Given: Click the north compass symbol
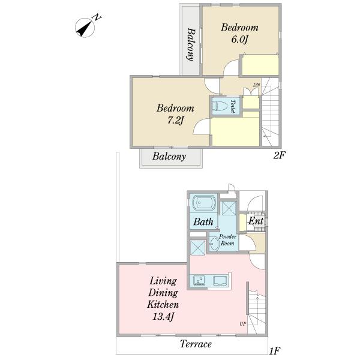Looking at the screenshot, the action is pos(85,28).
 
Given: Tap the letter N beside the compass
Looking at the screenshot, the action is pos(97,17).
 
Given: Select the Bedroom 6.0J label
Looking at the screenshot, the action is pos(239,33).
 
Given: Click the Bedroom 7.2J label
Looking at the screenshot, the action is pos(175,114).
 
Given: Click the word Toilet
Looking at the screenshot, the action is pos(233,106).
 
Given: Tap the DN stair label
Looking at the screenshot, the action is pos(256,85).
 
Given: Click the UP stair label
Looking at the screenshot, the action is pos(242,324).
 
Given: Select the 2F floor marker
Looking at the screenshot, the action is pos(279,155).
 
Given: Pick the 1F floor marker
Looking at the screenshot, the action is pos(274,350).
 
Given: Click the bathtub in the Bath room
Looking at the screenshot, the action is pos(204,203).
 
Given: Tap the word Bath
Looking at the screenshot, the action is pos(203,222).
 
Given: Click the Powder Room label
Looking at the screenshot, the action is pos(227,239).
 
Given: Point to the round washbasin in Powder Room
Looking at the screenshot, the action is pos(214,244).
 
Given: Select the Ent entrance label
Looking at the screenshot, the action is pos(256,221).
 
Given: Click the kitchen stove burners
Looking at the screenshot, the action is pos(199,281).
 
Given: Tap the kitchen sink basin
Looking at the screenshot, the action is pos(220,281).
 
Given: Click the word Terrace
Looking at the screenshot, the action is pos(196,344).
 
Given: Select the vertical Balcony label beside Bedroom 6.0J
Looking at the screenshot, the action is pos(191,44).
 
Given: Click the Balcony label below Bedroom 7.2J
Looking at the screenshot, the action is pos(169,157).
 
